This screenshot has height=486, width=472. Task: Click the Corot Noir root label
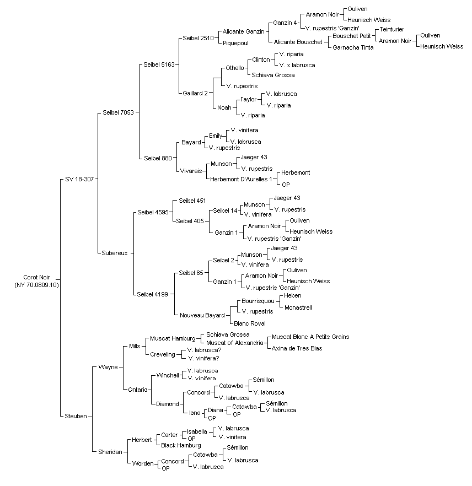click(x=36, y=281)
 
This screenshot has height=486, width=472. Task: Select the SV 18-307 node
click(x=79, y=179)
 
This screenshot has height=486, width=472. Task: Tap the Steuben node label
click(x=76, y=416)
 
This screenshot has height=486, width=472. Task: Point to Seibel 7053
click(x=118, y=112)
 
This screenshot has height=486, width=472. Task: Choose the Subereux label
click(x=115, y=253)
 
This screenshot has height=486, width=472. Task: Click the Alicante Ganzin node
click(x=243, y=31)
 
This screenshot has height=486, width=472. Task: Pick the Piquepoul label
click(x=235, y=43)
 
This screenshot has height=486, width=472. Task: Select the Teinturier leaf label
click(x=392, y=29)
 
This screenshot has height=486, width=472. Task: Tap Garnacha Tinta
click(x=353, y=48)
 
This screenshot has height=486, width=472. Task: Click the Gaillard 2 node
click(x=195, y=93)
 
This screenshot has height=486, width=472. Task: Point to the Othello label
click(x=235, y=68)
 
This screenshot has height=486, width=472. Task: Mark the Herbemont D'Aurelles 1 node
click(x=241, y=179)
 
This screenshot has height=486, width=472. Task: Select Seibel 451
click(x=192, y=201)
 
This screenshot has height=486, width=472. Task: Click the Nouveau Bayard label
click(x=202, y=315)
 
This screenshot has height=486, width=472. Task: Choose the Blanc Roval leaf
click(x=250, y=323)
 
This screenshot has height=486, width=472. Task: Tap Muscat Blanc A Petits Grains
click(x=310, y=337)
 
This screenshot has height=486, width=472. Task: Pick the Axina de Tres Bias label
click(x=297, y=348)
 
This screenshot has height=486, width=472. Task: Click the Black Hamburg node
click(x=181, y=445)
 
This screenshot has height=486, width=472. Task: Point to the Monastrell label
click(x=298, y=308)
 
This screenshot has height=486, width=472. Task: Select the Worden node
click(x=143, y=464)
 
